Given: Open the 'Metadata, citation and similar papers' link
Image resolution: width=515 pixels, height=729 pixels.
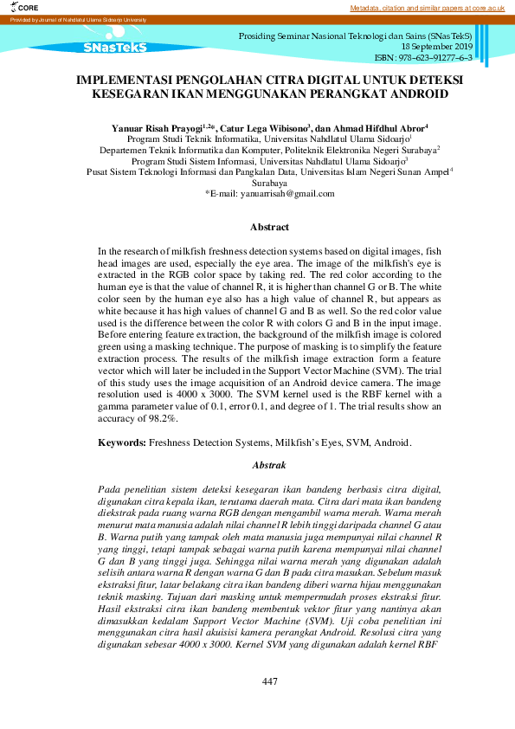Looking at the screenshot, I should coord(428,8).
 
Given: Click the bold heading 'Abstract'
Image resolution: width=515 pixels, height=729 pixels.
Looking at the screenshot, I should coord(268,227).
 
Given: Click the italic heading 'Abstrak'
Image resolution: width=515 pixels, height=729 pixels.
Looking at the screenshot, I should coord(268,466).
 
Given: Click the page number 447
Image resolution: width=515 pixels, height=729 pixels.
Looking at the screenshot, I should coord(269,682).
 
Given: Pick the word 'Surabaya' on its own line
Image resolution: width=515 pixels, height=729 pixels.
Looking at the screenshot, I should coord(268,183).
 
